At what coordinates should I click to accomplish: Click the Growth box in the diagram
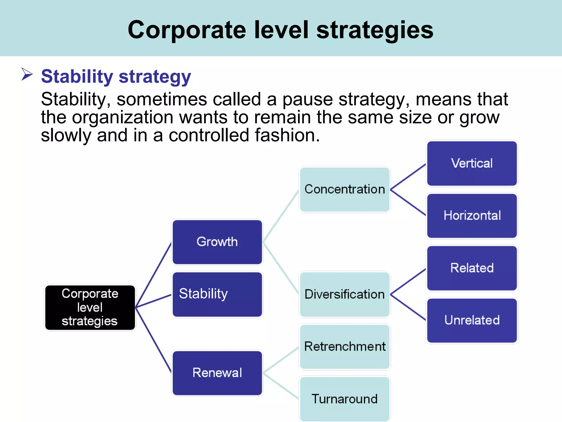point(217,242)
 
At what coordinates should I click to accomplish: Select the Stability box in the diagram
point(217,294)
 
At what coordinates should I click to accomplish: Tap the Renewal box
point(217,373)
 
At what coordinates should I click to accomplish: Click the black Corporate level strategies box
point(90,307)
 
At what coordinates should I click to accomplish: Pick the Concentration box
point(345,190)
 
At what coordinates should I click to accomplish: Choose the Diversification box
point(345,294)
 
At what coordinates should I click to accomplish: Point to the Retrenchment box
point(345,347)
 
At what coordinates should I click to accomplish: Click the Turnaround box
point(345,399)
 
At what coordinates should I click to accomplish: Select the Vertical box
point(472,163)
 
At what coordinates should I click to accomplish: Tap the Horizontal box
point(472,216)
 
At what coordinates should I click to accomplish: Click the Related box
point(472,268)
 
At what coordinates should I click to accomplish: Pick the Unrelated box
point(472,320)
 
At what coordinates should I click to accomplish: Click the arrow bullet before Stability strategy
point(27,74)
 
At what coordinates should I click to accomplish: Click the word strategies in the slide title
point(375,30)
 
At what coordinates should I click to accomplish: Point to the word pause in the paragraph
point(308,99)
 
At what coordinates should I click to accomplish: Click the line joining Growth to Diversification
point(281,268)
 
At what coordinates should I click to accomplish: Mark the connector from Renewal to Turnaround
point(281,386)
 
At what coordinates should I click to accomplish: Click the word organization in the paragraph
point(122,118)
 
